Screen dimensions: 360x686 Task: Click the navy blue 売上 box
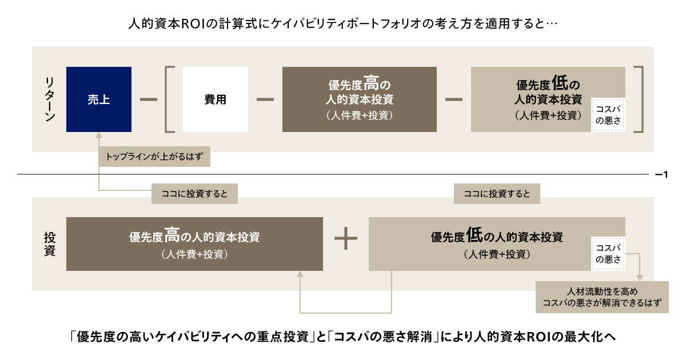click(x=99, y=99)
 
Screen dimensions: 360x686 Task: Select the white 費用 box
click(x=216, y=99)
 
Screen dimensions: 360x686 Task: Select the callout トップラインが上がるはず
click(x=155, y=155)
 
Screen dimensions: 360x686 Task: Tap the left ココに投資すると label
click(x=194, y=194)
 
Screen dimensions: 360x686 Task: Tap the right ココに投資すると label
click(x=497, y=194)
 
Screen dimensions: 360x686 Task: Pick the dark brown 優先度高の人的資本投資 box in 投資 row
click(x=194, y=243)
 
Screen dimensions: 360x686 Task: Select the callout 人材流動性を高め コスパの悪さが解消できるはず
click(x=602, y=297)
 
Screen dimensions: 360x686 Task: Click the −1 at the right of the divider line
click(x=661, y=174)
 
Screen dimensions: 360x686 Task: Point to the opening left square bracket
click(x=170, y=99)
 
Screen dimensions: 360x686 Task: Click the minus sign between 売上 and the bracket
click(x=148, y=99)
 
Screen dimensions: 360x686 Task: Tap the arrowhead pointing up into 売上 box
click(x=99, y=137)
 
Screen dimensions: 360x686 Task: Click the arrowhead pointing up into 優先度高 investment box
click(x=301, y=275)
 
